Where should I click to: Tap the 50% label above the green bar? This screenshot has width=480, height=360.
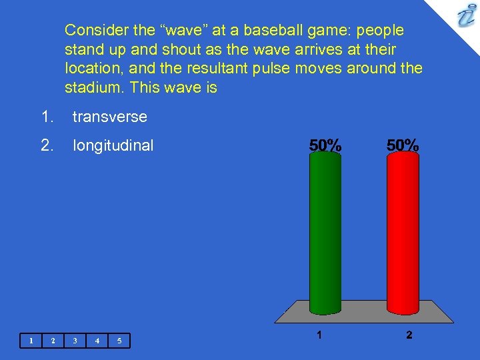tap(325, 145)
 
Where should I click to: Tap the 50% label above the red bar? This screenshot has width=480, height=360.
tap(403, 145)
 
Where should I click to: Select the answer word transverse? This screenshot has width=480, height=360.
tap(109, 117)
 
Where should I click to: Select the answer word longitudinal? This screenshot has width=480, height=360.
tap(113, 145)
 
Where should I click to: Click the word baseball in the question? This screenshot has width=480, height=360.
tap(273, 31)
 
